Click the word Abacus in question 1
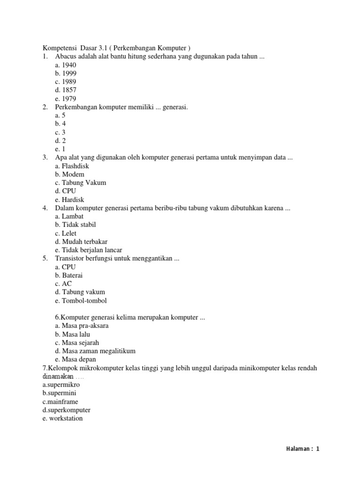66,57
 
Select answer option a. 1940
66,65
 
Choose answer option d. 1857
66,90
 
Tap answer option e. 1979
66,99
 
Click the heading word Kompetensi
60,48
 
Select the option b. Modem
70,175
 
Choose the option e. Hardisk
69,200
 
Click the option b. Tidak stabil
75,225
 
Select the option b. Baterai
69,275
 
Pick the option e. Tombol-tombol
81,300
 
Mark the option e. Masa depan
75,359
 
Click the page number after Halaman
318,449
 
